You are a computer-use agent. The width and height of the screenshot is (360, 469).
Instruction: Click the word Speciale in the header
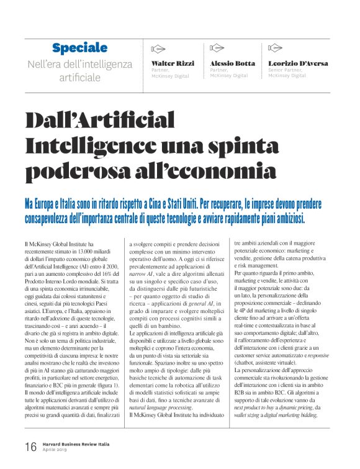79,48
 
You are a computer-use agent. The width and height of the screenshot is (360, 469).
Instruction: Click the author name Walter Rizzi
173,63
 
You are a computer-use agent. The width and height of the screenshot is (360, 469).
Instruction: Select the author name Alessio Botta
233,63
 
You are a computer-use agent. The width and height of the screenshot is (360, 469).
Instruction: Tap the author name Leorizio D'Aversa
299,63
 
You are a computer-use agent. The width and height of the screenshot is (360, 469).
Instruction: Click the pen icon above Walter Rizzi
158,48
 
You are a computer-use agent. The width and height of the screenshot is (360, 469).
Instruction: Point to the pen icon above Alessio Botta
217,48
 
